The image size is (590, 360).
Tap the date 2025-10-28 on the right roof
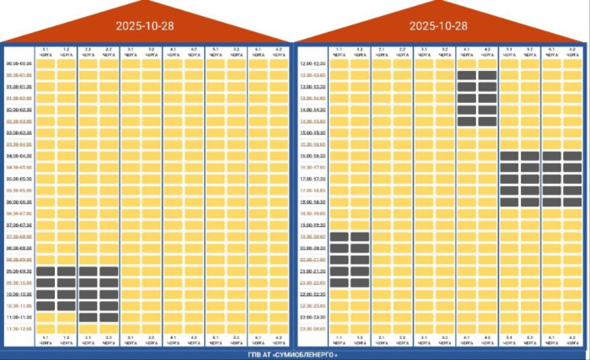point(438,25)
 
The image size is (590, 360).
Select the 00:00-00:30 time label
point(19,63)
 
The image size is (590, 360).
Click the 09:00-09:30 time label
point(19,271)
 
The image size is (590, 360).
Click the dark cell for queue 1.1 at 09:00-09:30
point(46,271)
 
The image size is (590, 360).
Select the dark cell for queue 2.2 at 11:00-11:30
point(109,317)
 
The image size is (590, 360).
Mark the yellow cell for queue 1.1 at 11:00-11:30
point(46,317)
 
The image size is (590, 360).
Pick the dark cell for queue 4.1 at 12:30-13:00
point(466,75)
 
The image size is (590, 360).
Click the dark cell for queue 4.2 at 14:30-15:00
point(487,121)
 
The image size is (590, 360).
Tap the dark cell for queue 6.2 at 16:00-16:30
point(572,156)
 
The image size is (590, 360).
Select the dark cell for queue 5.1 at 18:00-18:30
point(509,202)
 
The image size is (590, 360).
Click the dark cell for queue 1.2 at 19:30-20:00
point(360,237)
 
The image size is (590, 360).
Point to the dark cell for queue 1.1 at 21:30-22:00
point(339,283)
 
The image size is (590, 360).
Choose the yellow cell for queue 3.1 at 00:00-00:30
point(130,63)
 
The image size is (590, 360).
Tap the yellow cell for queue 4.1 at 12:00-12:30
point(466,63)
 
